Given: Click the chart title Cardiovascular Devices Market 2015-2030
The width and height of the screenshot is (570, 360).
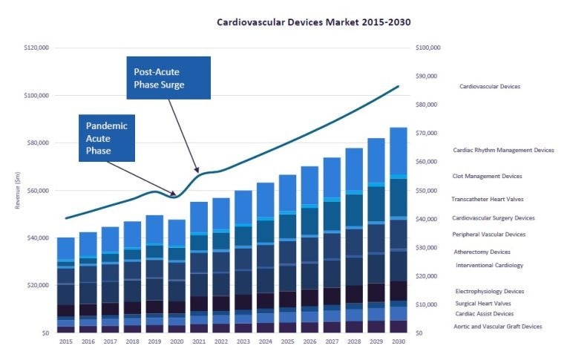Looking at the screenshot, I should [x=313, y=22].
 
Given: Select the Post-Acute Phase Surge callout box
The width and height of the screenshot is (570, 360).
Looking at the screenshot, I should [x=168, y=79].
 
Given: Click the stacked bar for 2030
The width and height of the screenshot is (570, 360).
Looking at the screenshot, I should [x=399, y=230].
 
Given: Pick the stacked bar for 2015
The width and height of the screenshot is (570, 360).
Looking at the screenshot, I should [x=66, y=285].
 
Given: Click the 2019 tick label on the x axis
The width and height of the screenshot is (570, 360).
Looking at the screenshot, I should [x=154, y=341].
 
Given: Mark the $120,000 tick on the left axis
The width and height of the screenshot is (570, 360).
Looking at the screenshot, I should [x=36, y=48].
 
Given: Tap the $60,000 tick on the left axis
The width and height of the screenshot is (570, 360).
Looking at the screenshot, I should [x=37, y=191].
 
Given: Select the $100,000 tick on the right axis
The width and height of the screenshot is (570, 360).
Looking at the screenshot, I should [x=427, y=48].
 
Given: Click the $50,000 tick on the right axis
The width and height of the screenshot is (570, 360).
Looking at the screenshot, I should [x=429, y=191].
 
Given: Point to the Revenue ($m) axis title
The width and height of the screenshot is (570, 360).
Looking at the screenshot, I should [x=17, y=190].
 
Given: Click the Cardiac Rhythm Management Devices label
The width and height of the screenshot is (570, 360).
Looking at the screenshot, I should [x=503, y=150].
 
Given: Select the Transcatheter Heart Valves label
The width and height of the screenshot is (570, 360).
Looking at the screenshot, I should [x=488, y=199].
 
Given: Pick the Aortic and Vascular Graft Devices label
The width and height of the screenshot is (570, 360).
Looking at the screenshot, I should [x=498, y=327].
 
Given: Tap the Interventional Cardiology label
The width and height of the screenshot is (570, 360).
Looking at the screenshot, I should [x=489, y=265].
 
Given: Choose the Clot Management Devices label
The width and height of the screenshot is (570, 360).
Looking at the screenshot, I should [x=487, y=176].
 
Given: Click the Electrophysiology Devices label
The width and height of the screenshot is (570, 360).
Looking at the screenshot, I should [x=490, y=292].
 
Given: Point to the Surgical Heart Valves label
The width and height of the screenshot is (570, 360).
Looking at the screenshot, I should [x=483, y=304].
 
